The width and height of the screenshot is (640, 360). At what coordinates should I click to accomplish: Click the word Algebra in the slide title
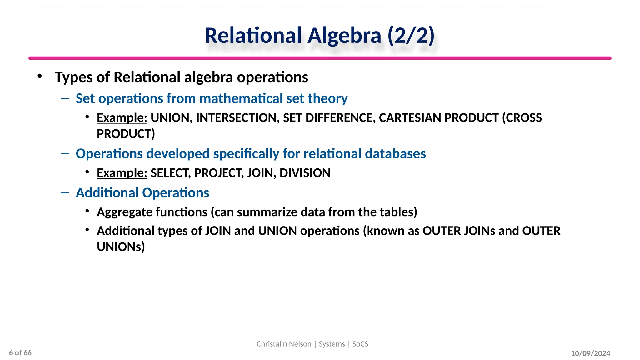[344, 36]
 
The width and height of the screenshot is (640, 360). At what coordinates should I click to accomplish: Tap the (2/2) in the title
[411, 36]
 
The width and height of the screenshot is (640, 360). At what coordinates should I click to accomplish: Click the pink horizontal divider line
[320, 58]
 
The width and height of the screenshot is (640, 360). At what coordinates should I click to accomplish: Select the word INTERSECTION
[237, 118]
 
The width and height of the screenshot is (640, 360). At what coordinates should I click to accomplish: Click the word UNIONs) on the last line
[121, 247]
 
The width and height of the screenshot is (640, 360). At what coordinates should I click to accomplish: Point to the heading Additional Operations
[142, 193]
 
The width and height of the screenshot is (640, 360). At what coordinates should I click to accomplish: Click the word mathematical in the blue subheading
[241, 98]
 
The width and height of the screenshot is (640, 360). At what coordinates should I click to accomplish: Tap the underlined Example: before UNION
[122, 118]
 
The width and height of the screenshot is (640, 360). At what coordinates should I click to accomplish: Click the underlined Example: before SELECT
[122, 173]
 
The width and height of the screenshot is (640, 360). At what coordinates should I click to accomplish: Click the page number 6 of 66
[20, 353]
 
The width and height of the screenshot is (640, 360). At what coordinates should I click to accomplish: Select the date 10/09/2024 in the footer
[590, 353]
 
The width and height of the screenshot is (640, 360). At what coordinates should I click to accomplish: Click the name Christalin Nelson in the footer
[284, 344]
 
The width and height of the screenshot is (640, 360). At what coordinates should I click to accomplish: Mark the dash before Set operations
[65, 98]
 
